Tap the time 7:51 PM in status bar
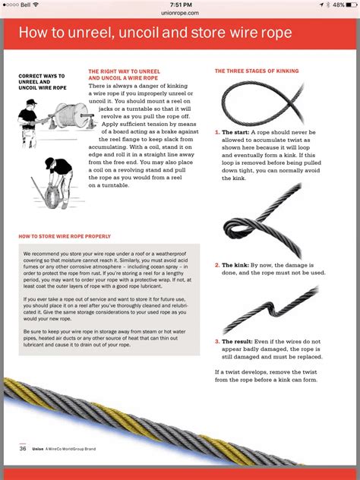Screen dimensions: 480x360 coord(180,5)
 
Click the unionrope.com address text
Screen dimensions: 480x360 coord(180,13)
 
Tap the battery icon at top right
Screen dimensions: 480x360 coord(350,5)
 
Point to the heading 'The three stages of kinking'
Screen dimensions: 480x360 coord(256,71)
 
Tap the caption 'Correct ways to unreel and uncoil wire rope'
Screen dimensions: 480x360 coord(41,82)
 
